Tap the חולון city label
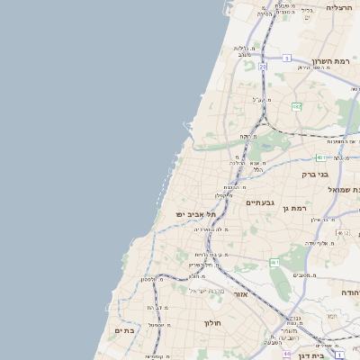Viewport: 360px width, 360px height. [x=212, y=322]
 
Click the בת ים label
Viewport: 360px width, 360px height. [x=124, y=330]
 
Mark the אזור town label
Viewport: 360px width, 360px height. [x=241, y=293]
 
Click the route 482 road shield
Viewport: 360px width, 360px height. [x=296, y=106]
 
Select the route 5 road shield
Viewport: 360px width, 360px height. [x=286, y=58]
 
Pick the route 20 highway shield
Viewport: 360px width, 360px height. [x=263, y=66]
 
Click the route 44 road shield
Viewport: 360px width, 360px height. [x=286, y=354]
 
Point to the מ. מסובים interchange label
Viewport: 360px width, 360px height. [x=303, y=274]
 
